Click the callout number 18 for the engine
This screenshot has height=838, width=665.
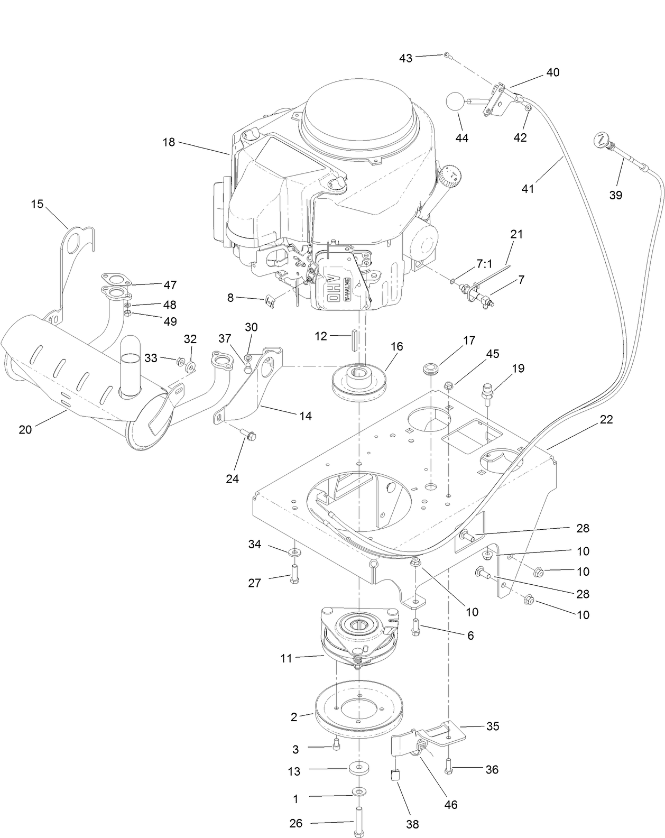pyautogui.click(x=169, y=142)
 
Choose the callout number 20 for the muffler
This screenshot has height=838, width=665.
pyautogui.click(x=25, y=429)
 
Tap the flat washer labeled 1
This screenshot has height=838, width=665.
pyautogui.click(x=359, y=791)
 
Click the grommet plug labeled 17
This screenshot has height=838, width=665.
pyautogui.click(x=432, y=368)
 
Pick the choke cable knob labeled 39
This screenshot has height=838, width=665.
pyautogui.click(x=601, y=140)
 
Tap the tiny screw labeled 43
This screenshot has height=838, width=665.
pyautogui.click(x=447, y=55)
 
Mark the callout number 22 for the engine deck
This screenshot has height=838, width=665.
pyautogui.click(x=606, y=419)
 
